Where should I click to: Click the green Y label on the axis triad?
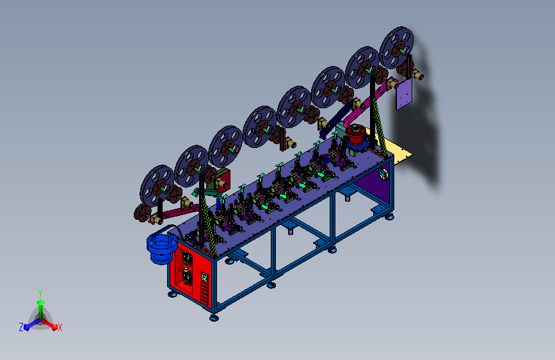[x=40, y=293]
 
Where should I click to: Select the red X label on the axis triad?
[x=60, y=328]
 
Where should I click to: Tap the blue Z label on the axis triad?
[x=21, y=327]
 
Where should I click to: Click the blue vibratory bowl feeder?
[x=162, y=248]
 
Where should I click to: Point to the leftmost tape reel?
[x=157, y=186]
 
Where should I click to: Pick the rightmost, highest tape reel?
[x=396, y=47]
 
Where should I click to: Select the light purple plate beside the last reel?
[x=403, y=94]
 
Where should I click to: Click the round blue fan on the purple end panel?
[x=383, y=174]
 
